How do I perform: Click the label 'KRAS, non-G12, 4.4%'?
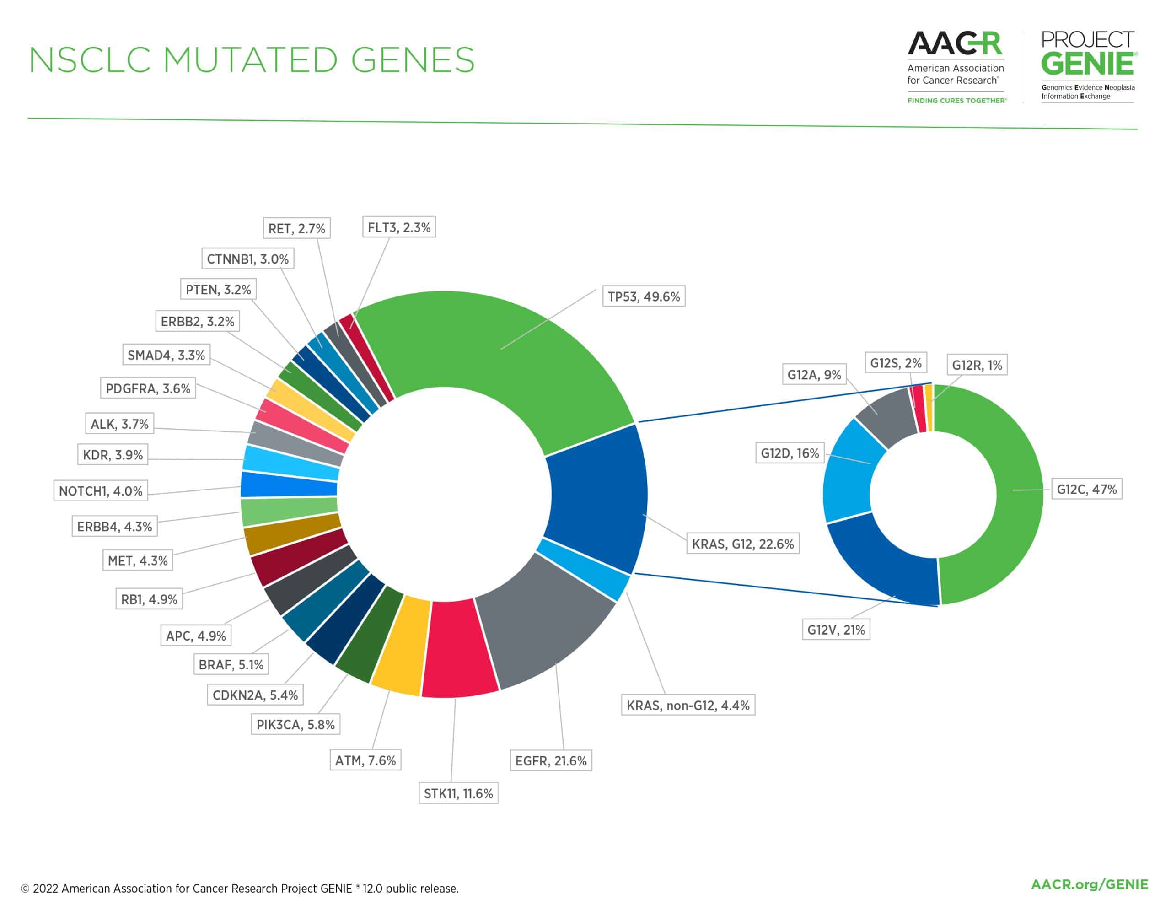(x=688, y=705)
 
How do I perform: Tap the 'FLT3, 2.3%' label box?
(x=399, y=227)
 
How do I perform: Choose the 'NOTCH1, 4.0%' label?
(x=100, y=491)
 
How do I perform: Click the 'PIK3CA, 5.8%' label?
(x=295, y=725)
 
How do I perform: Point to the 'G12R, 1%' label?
(x=977, y=365)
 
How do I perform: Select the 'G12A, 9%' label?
(x=814, y=374)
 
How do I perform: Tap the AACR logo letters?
(x=954, y=44)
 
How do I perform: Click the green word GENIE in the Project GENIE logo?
(x=1087, y=65)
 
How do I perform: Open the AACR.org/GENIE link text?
(x=1089, y=884)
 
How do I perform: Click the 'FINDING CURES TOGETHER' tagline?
(x=956, y=101)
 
